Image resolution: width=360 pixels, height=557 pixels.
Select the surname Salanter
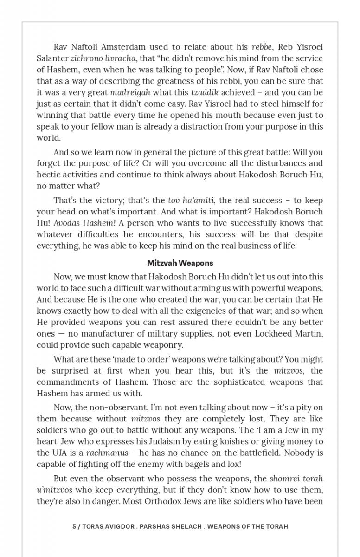[x=52, y=58]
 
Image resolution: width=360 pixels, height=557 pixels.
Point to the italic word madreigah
[x=130, y=92]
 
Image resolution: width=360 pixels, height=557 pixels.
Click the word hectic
[x=48, y=175]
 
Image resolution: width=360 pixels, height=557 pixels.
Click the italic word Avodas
[x=66, y=223]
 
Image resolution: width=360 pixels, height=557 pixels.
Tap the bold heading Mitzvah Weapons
[x=180, y=263]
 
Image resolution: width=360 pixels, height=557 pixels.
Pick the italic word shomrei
[x=284, y=479]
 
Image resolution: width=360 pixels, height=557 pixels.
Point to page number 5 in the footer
[x=74, y=526]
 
